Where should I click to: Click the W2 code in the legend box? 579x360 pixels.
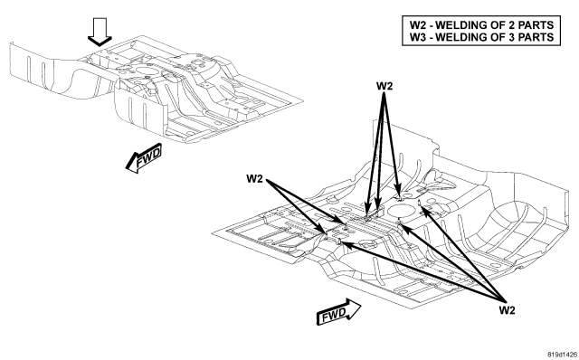[418, 25]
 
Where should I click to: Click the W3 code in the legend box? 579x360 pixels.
[418, 37]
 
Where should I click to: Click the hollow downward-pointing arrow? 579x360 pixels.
[100, 33]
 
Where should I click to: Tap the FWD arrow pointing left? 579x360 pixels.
[144, 158]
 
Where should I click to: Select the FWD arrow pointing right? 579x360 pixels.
[338, 312]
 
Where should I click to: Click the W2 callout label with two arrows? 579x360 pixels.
[254, 179]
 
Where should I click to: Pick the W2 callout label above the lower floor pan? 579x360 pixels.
[384, 86]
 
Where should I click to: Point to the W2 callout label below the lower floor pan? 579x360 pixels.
[507, 310]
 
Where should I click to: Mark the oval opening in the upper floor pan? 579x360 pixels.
[145, 71]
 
